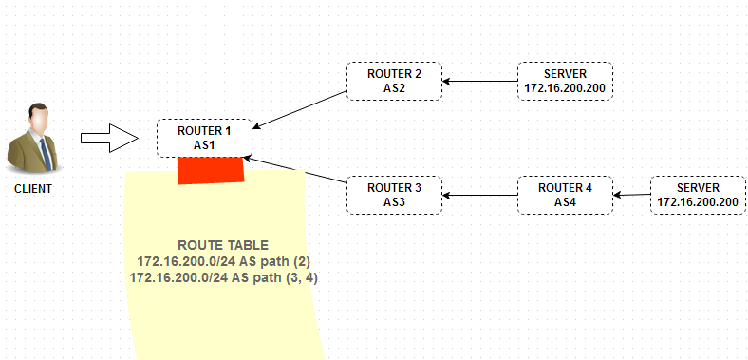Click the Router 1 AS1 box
204,138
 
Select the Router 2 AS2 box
394,81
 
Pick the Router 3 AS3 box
394,195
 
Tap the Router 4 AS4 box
566,195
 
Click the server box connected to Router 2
566,81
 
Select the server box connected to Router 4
698,195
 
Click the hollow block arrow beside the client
110,138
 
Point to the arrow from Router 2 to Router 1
300,110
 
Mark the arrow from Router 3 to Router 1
295,169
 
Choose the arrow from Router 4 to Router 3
480,195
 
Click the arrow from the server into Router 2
480,81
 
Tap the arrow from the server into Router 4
632,195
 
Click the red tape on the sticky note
211,170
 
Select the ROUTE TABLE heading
223,245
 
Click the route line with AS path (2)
224,261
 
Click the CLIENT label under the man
33,189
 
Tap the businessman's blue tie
46,154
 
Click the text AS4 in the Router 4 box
566,202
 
